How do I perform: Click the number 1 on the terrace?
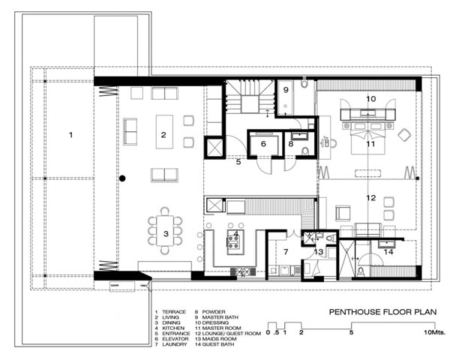[70, 135]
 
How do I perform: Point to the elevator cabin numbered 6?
[262, 143]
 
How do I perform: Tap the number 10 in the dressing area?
[370, 98]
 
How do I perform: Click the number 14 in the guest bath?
[388, 252]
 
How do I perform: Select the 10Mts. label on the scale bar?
[434, 331]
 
